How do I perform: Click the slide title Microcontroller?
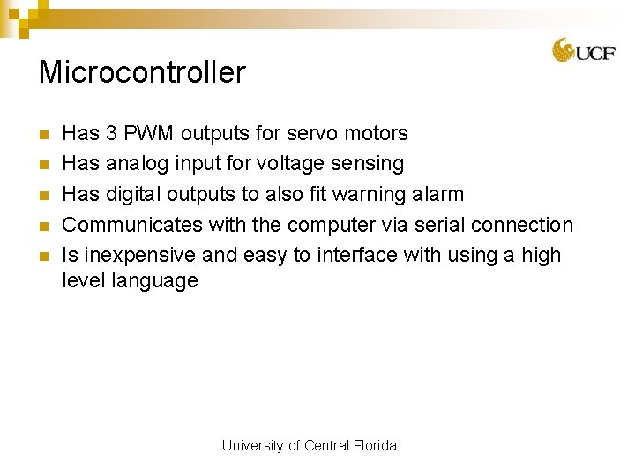142,72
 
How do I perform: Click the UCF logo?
583,51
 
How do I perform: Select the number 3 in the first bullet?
111,134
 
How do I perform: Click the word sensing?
367,164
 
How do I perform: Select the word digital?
133,194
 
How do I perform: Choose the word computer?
332,225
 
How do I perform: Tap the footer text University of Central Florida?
310,446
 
